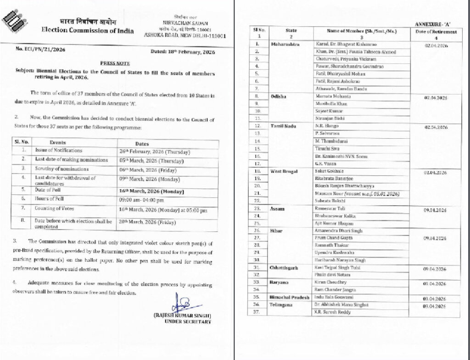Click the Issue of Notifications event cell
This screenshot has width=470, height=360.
coord(59,151)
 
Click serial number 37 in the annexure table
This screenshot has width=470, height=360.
coord(257,312)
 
